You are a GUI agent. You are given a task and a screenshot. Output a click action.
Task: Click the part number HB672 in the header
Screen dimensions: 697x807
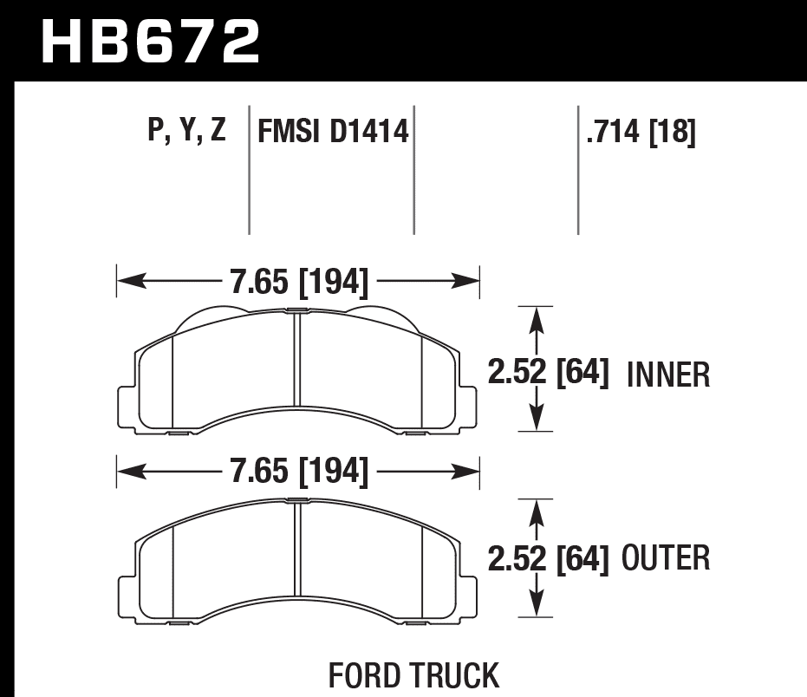point(151,42)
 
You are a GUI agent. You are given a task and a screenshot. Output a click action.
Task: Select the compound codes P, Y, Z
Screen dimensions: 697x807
point(187,132)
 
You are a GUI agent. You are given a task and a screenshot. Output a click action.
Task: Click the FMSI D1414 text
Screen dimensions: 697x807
point(332,133)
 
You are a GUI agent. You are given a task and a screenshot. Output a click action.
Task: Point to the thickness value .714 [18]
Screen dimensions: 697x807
point(641,133)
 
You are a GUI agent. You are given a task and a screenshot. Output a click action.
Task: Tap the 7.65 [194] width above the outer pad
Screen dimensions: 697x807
point(299,472)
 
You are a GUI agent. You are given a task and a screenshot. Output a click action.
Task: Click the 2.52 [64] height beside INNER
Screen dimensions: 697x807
point(548,375)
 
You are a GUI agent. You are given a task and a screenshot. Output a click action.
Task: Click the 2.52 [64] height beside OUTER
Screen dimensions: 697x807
point(548,558)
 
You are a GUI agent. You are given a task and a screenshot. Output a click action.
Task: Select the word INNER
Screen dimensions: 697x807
point(667,375)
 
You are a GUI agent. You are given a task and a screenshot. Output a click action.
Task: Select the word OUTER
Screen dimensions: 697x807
point(666,558)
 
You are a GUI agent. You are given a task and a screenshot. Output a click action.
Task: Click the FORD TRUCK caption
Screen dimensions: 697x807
point(413,674)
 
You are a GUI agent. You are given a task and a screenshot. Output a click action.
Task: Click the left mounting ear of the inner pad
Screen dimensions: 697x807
point(127,403)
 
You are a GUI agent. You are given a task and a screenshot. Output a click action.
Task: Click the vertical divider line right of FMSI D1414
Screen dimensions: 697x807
point(414,169)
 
